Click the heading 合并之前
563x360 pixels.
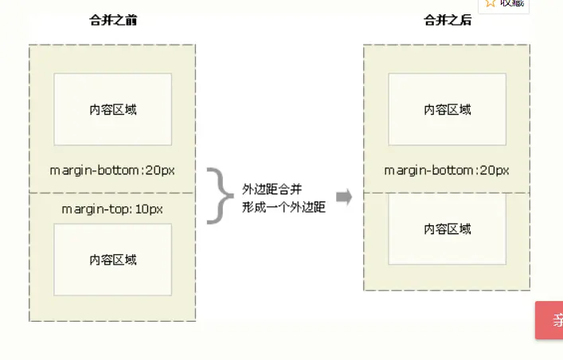tap(113, 21)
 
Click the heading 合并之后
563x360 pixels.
tap(448, 21)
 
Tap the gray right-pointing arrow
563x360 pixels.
tap(344, 198)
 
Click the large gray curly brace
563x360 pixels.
tap(216, 195)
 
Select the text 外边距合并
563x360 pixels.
tap(272, 190)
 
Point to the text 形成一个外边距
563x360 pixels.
tap(284, 208)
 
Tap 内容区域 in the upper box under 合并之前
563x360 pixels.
tap(113, 109)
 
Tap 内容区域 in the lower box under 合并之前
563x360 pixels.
tap(113, 260)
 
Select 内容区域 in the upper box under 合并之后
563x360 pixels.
tap(448, 109)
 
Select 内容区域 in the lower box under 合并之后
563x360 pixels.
tap(448, 229)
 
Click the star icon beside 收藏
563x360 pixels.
tap(491, 3)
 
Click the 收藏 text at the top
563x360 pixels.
tap(513, 3)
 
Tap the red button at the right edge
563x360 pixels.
tap(550, 320)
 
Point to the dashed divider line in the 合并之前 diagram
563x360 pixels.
tap(112, 193)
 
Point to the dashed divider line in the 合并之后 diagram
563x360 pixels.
tap(447, 193)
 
